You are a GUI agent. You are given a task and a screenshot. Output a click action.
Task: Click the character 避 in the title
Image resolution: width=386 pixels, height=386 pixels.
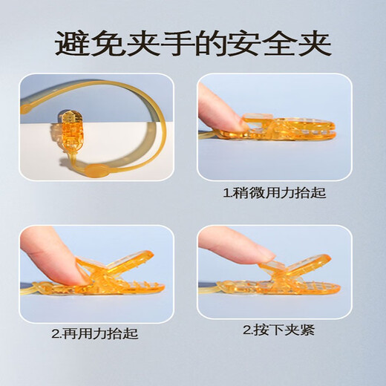(x=72, y=43)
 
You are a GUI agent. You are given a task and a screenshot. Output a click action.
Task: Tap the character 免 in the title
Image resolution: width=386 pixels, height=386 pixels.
(x=107, y=43)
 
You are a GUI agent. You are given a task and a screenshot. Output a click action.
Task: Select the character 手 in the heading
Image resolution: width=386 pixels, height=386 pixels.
(x=176, y=43)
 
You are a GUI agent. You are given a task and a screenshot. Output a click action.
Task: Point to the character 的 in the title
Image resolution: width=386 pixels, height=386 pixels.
(x=211, y=43)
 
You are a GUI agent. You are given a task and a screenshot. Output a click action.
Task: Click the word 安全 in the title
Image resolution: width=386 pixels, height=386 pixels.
(x=262, y=43)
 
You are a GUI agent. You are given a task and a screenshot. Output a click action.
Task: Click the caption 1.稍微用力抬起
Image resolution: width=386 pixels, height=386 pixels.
(x=275, y=194)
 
